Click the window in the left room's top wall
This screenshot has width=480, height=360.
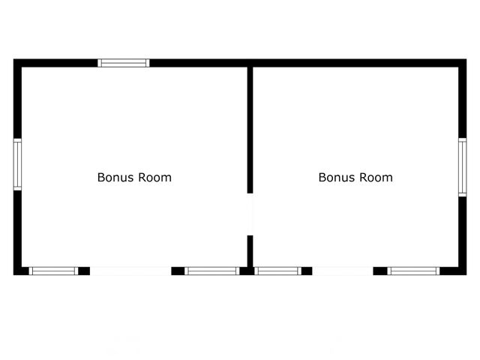[124, 63]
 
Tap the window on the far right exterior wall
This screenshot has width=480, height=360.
[463, 167]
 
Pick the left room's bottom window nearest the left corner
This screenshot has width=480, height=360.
[53, 271]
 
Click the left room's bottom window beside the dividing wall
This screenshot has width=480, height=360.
[211, 271]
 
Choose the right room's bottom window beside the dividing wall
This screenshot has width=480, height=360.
[277, 271]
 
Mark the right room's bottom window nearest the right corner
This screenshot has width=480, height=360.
[413, 271]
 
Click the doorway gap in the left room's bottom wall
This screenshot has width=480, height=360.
[130, 271]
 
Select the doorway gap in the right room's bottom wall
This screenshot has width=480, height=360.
[343, 271]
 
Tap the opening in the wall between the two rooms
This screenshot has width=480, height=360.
[250, 215]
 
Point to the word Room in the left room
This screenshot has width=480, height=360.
[156, 178]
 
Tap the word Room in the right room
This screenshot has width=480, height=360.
[377, 178]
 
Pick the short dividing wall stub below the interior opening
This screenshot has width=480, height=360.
[250, 250]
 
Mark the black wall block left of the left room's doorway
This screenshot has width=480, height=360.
[84, 271]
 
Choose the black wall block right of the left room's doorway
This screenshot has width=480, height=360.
[178, 271]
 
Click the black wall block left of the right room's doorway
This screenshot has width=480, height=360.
[306, 271]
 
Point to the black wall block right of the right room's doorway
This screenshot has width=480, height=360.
[380, 271]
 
